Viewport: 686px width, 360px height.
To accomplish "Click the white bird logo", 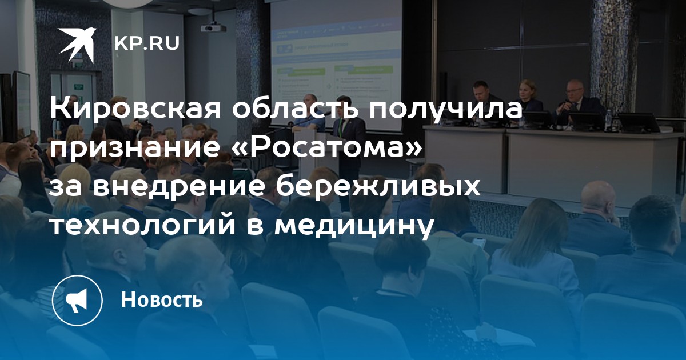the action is pos(78,45).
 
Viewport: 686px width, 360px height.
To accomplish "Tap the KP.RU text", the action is pos(147,43).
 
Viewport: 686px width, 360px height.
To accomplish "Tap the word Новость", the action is pos(162,299).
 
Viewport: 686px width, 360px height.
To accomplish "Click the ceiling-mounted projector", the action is pos(214,27).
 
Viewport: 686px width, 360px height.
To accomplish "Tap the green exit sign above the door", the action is pos(79,87).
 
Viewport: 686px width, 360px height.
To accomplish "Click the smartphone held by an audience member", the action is pos(479,243).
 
